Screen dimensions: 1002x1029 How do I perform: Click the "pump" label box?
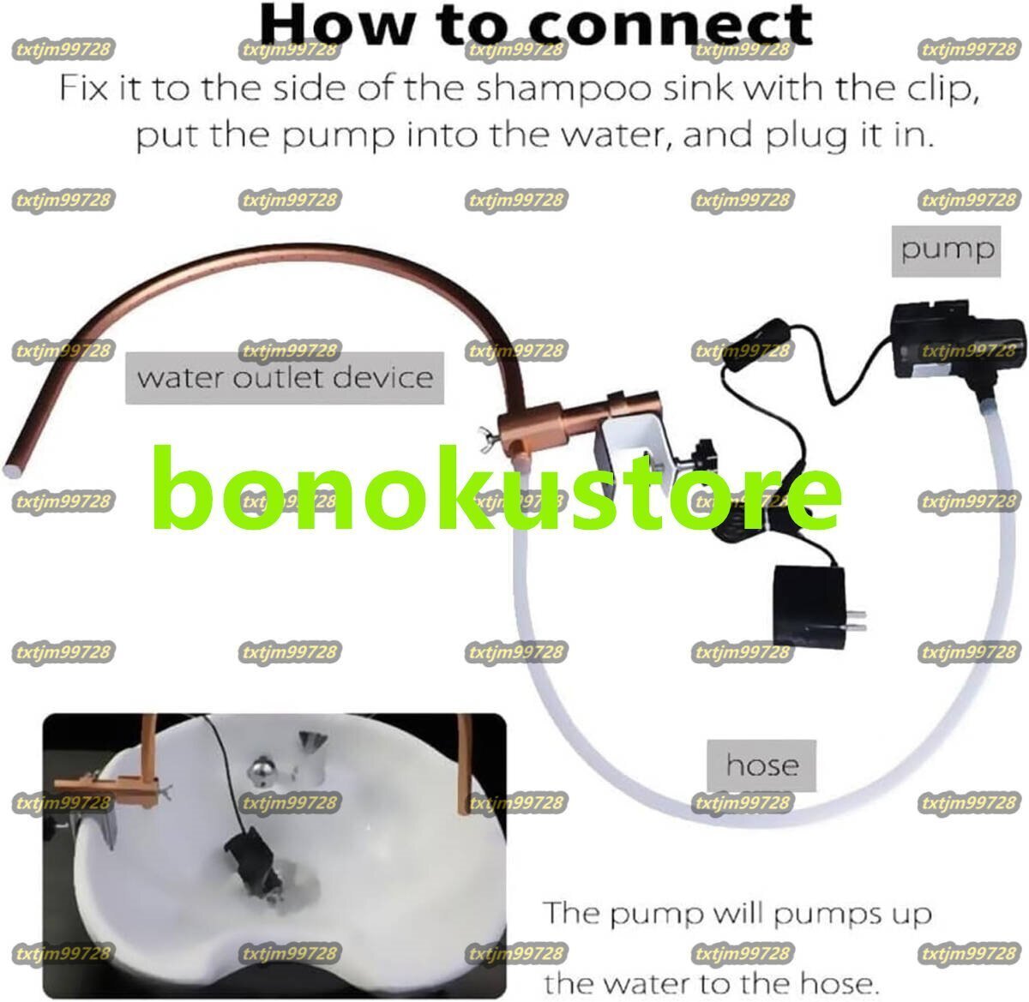coord(947,250)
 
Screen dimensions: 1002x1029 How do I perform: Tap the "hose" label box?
coord(761,765)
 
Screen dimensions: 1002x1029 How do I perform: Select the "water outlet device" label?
coord(285,378)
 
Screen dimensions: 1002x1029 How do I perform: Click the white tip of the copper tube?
coord(13,468)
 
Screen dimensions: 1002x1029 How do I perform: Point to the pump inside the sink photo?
coord(244,857)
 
